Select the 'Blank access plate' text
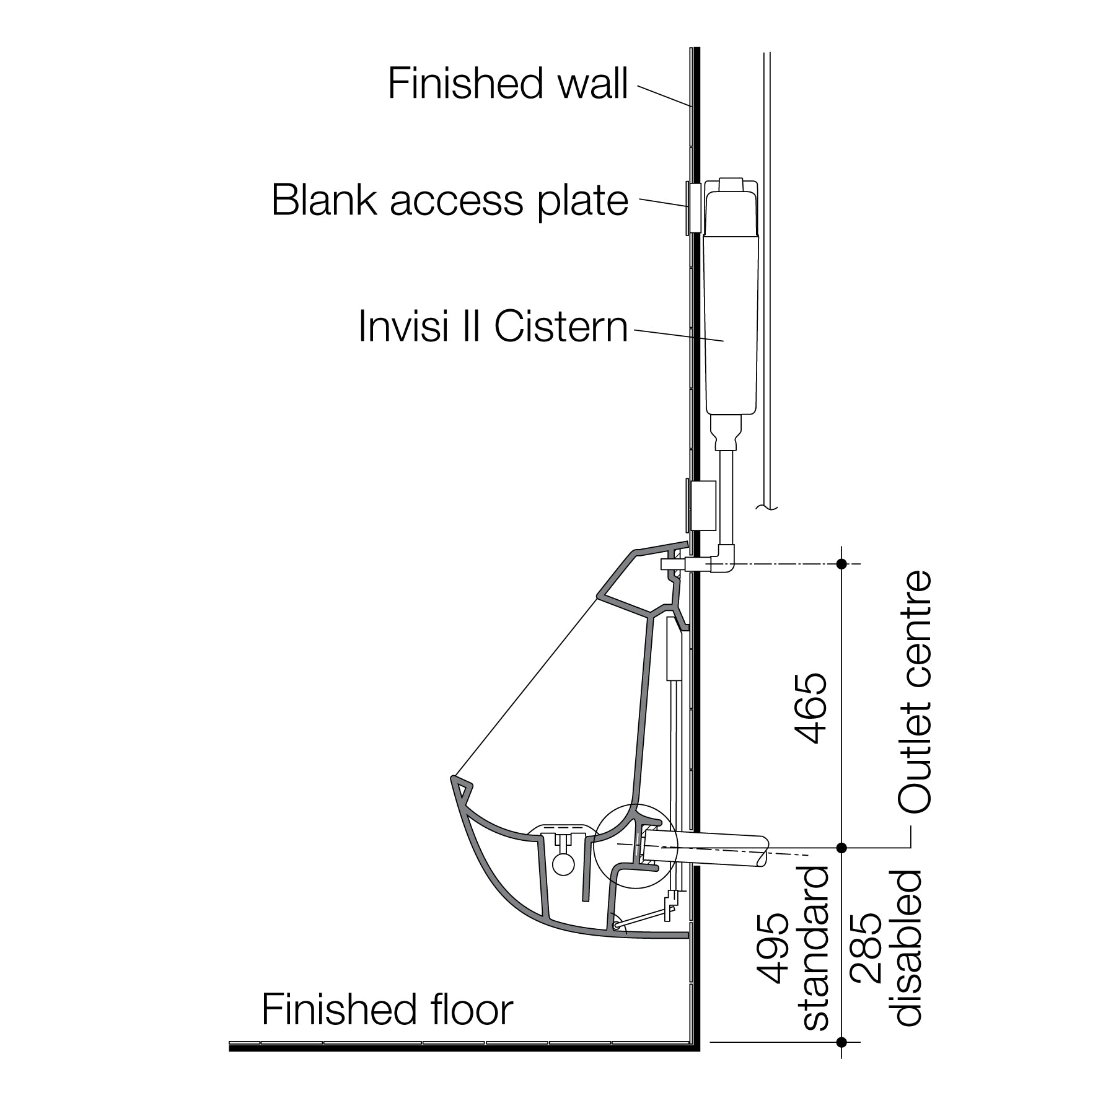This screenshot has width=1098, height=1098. [x=450, y=200]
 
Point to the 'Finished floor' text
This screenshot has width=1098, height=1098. [x=387, y=1009]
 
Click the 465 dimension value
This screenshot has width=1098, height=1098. [x=812, y=708]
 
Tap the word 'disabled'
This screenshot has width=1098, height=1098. [x=908, y=948]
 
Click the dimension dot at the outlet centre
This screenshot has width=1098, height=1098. [x=841, y=847]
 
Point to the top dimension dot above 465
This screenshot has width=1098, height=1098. [x=841, y=563]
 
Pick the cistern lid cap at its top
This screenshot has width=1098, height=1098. [x=731, y=185]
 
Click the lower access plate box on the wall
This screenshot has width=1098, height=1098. [x=701, y=505]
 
